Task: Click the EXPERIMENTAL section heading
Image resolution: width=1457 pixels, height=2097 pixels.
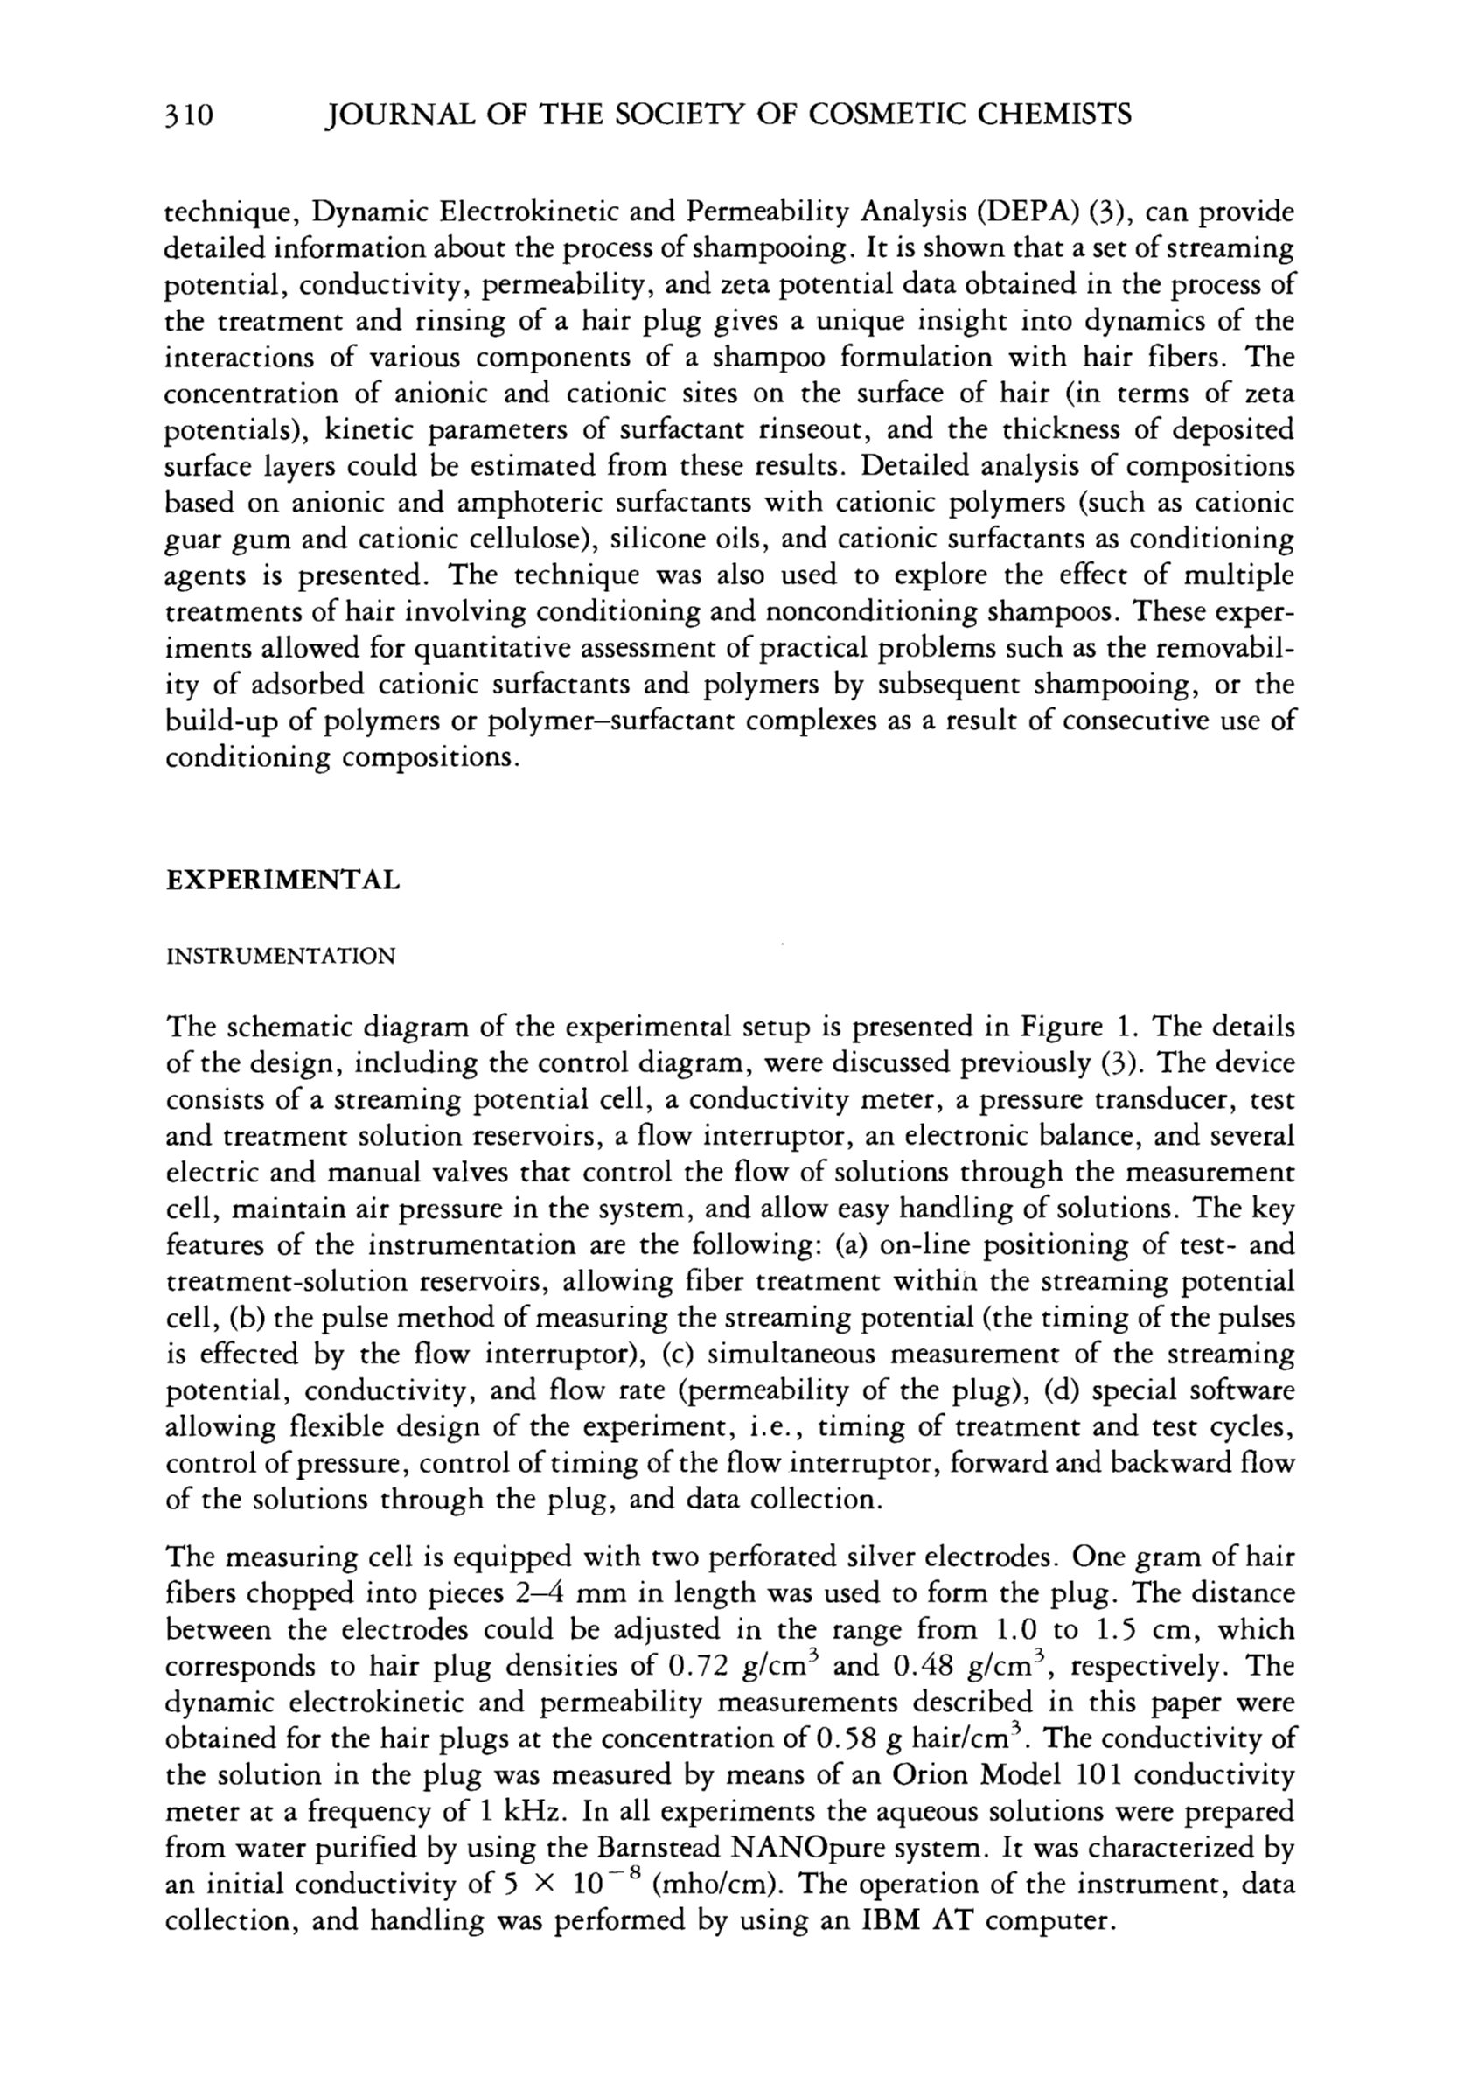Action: (282, 880)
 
